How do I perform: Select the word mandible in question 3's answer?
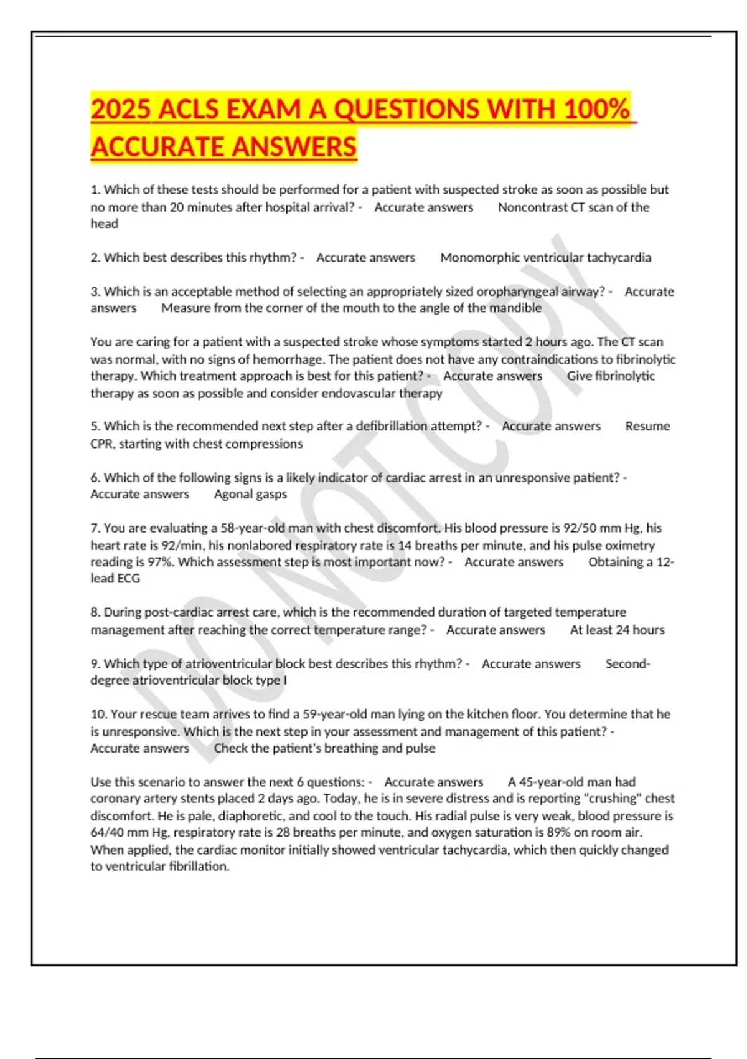(x=515, y=308)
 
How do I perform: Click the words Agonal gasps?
(x=250, y=494)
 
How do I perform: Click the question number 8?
(x=95, y=612)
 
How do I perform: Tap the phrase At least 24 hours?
(x=617, y=630)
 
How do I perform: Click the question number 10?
(x=98, y=714)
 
